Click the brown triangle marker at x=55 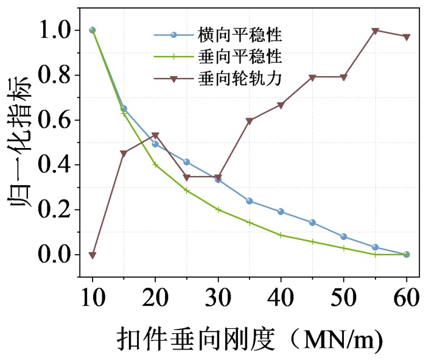375,30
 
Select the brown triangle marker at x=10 93,255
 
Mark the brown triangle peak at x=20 155,136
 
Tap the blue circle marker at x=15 124,108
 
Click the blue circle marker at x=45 312,223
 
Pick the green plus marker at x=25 187,191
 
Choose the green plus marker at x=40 281,235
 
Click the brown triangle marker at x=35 250,121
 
